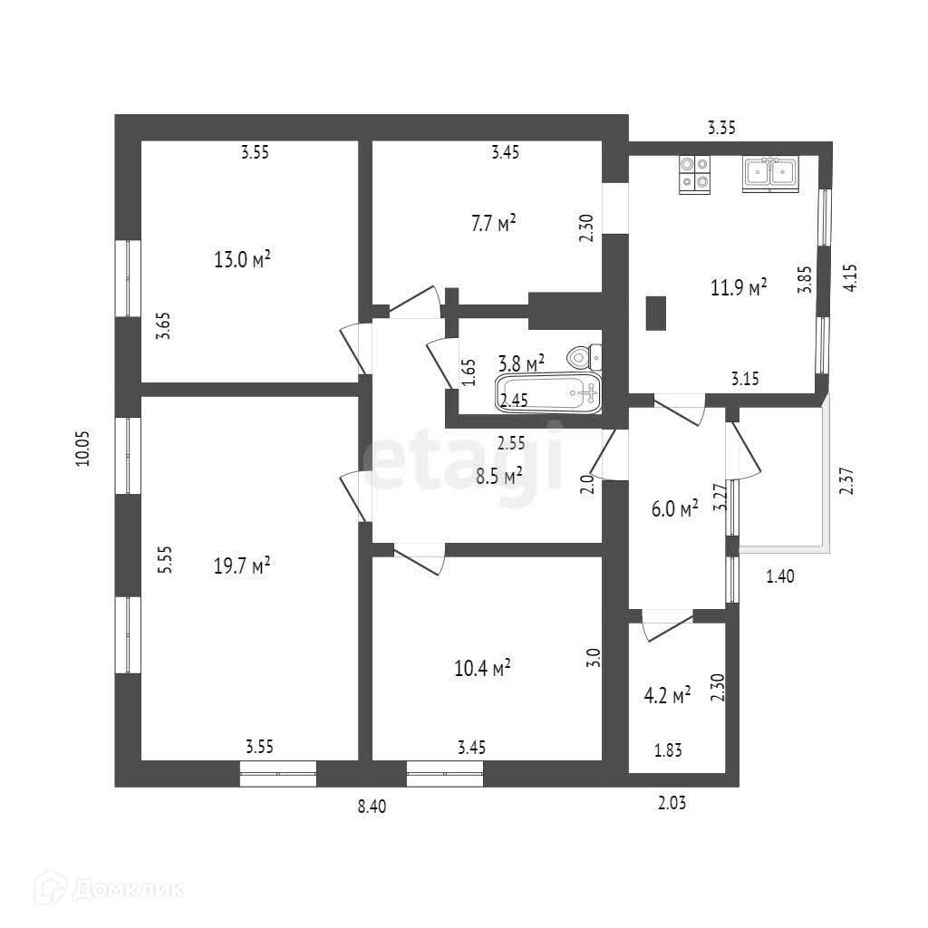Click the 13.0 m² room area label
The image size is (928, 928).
[242, 261]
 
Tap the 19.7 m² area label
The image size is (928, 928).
[242, 566]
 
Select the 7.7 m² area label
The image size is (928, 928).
[494, 223]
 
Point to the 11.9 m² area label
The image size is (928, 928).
[739, 287]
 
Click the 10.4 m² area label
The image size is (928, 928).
[482, 669]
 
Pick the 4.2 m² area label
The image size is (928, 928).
[667, 695]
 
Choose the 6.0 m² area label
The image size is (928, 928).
[675, 509]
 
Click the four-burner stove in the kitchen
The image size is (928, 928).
[695, 173]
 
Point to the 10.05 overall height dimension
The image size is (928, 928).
[83, 448]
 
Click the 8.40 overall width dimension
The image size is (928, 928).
[372, 808]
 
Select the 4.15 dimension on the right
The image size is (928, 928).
[850, 277]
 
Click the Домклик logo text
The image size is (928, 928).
[128, 888]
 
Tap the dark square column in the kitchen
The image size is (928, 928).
[656, 314]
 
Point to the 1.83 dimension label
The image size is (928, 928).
[669, 749]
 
